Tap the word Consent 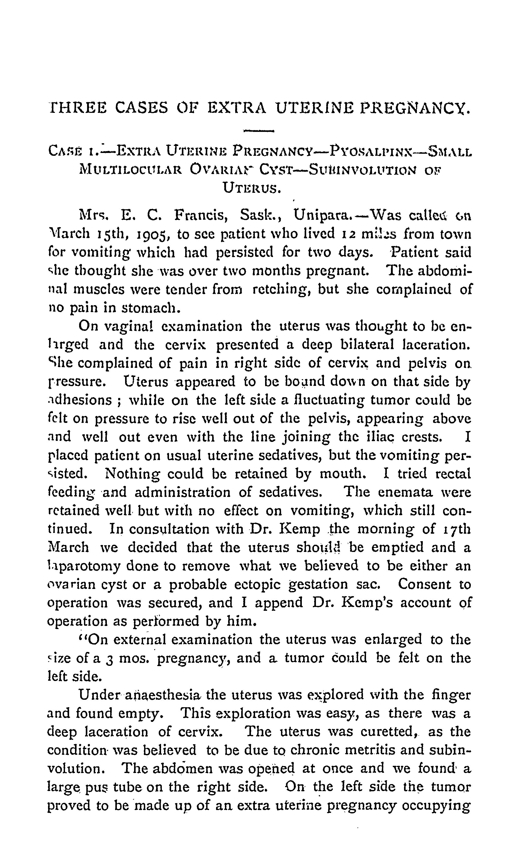tap(424, 584)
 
